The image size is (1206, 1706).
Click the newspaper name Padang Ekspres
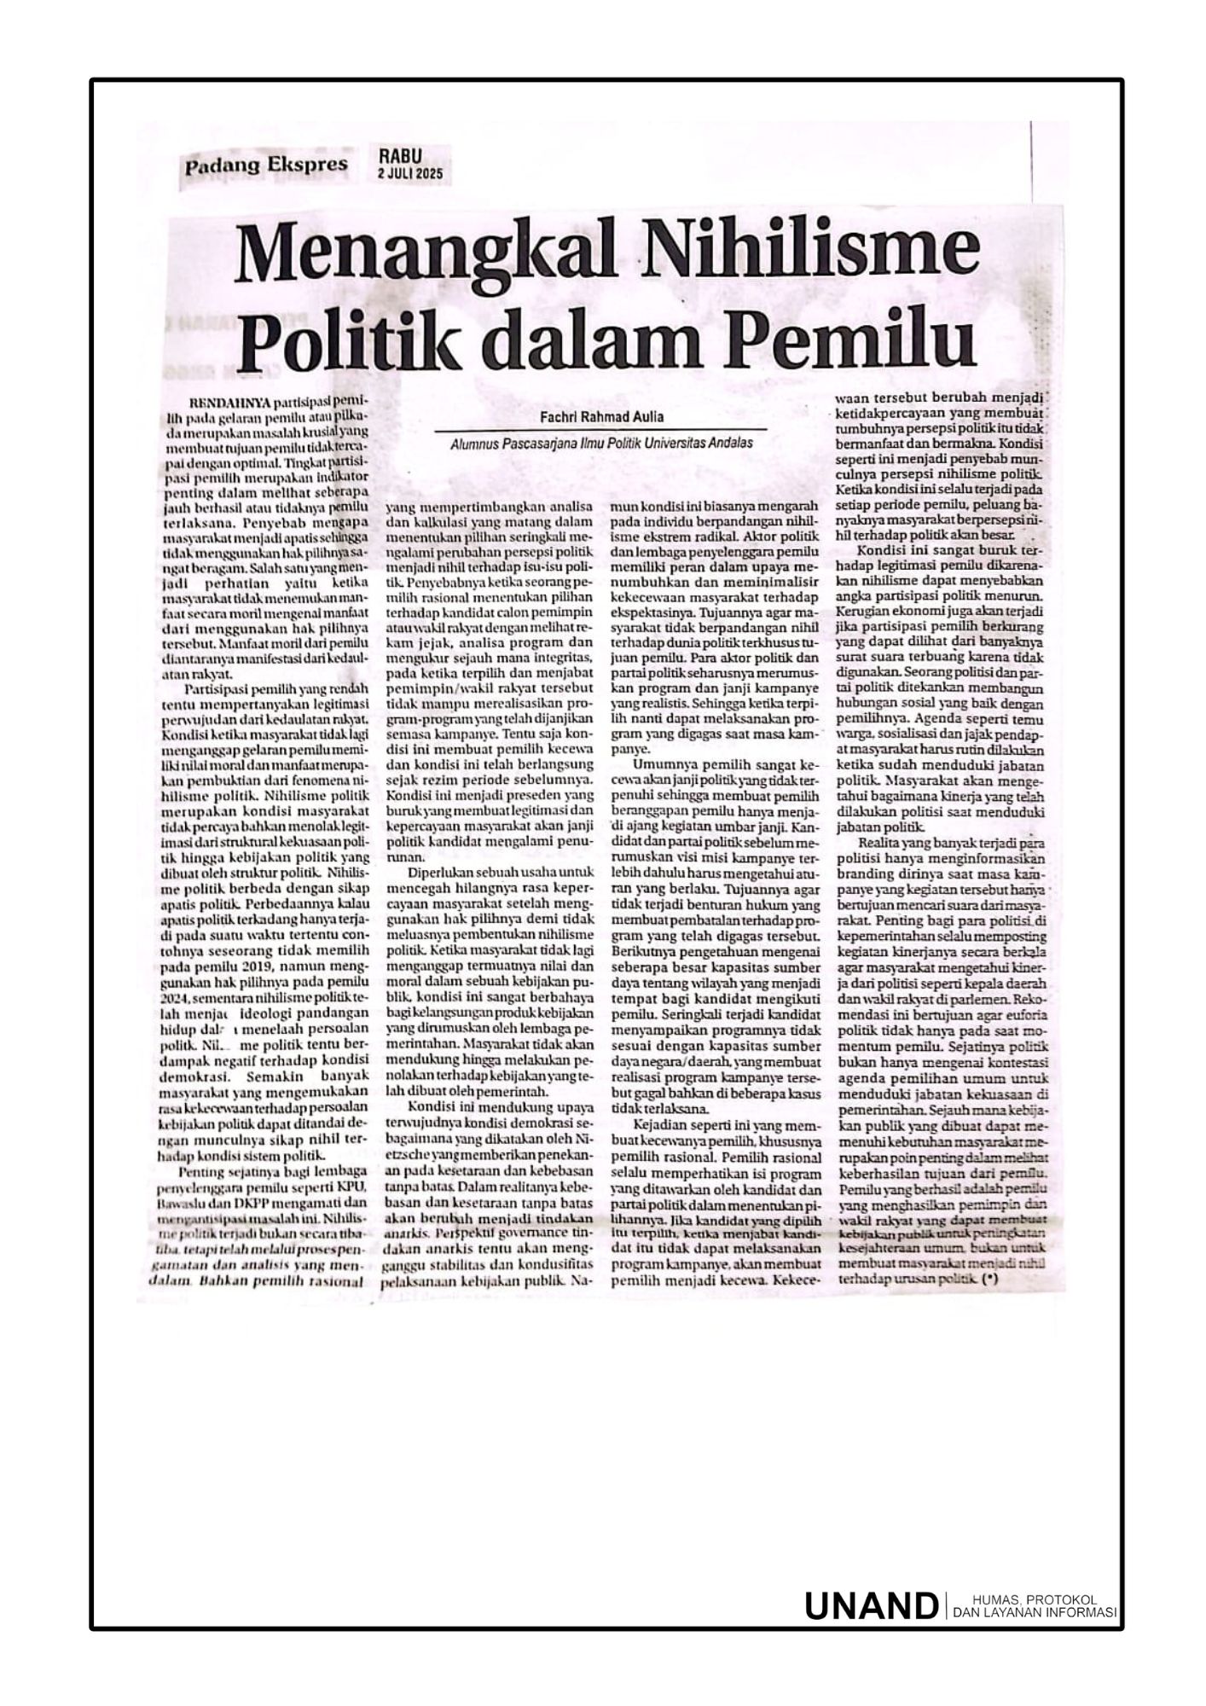tap(266, 165)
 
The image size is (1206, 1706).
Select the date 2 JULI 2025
tap(414, 174)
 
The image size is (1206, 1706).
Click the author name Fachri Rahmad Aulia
tap(600, 418)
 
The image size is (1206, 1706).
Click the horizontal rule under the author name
tap(600, 430)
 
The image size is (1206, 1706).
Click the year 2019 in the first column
tap(255, 967)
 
